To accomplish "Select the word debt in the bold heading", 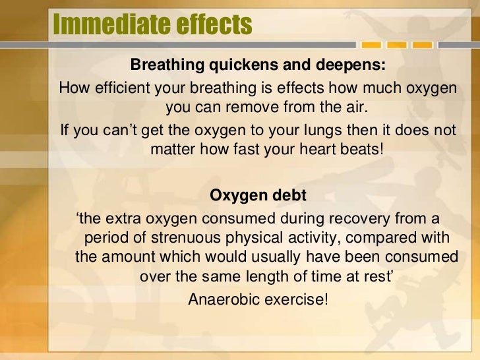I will click(288, 196).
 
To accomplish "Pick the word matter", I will click(173, 148).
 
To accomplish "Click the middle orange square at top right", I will click(396, 45).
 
